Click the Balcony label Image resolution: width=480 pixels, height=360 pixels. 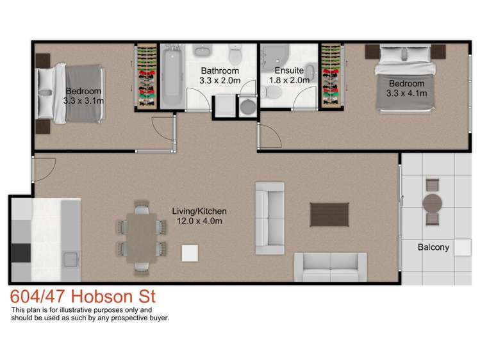click(x=433, y=247)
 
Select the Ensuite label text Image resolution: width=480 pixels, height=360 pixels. click(x=288, y=70)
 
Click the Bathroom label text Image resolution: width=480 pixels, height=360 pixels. click(x=219, y=70)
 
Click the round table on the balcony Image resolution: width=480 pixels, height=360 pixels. click(x=432, y=204)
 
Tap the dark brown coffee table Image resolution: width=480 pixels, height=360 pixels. click(x=329, y=214)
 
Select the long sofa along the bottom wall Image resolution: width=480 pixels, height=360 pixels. click(x=330, y=267)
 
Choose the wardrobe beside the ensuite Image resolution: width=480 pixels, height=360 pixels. click(x=331, y=75)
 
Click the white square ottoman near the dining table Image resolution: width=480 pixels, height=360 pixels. click(x=190, y=253)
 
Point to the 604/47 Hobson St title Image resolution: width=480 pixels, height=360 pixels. click(x=83, y=298)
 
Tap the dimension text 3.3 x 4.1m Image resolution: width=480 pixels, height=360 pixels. click(x=406, y=93)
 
